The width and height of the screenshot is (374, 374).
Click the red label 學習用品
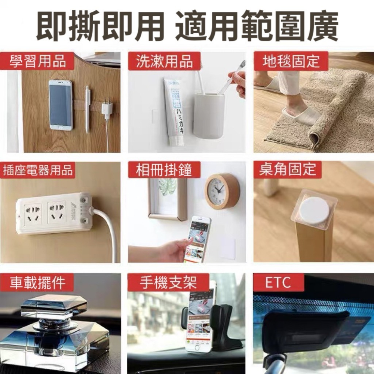(37, 61)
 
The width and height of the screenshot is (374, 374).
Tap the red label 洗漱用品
(164, 61)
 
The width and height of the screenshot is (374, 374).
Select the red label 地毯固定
(291, 61)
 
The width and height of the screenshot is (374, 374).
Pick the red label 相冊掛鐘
(164, 170)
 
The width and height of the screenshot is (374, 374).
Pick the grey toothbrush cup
(209, 116)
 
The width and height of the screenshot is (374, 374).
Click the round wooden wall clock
(222, 190)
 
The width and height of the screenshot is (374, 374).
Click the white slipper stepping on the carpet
(299, 114)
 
